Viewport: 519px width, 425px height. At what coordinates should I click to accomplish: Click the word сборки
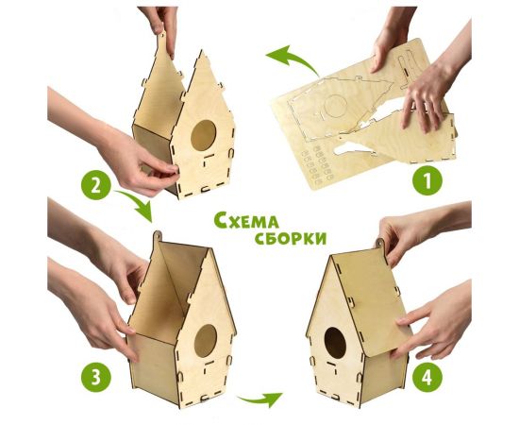pos(289,236)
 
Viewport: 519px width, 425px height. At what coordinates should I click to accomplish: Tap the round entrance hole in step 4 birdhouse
pos(335,342)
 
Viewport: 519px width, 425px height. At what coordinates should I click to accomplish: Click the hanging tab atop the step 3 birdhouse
pos(158,236)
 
